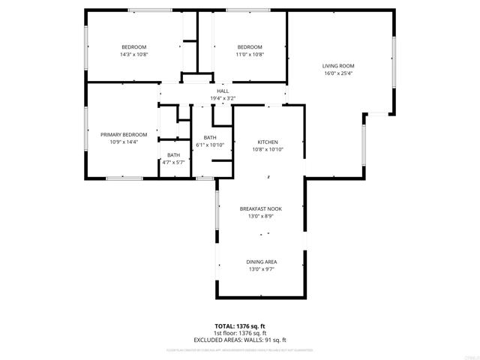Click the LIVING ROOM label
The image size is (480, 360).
pyautogui.click(x=338, y=66)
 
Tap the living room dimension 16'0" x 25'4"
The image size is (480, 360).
pyautogui.click(x=338, y=73)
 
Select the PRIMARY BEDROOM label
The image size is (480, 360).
pyautogui.click(x=124, y=134)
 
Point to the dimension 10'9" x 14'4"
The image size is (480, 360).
pyautogui.click(x=124, y=142)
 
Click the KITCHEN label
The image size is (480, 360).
pyautogui.click(x=268, y=142)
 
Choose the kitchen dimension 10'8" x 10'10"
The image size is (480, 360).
pyautogui.click(x=268, y=149)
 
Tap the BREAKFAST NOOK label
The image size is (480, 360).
pyautogui.click(x=261, y=208)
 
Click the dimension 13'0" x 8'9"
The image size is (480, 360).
pyautogui.click(x=261, y=216)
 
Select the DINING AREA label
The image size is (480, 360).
pyautogui.click(x=261, y=262)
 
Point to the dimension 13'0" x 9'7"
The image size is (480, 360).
pyautogui.click(x=261, y=269)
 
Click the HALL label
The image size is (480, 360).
pyautogui.click(x=223, y=91)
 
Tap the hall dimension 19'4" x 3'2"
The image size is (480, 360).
pyautogui.click(x=223, y=98)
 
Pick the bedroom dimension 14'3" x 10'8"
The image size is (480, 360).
pyautogui.click(x=134, y=54)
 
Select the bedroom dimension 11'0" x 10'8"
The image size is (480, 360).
pyautogui.click(x=250, y=54)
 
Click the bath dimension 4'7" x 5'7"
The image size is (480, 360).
pyautogui.click(x=173, y=162)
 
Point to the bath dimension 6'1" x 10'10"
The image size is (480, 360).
pyautogui.click(x=210, y=145)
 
